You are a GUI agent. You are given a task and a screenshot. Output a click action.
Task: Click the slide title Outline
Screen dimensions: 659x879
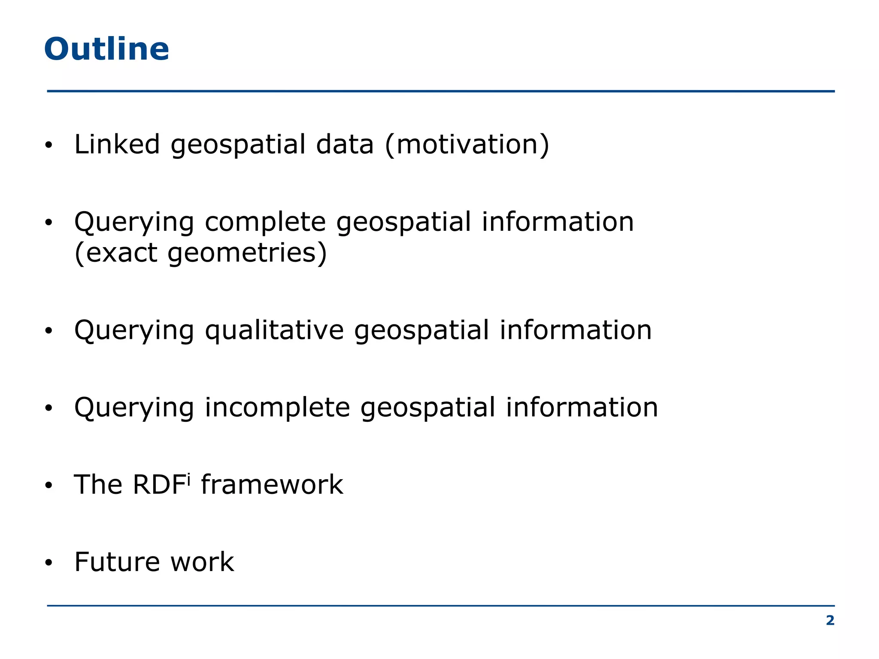click(106, 49)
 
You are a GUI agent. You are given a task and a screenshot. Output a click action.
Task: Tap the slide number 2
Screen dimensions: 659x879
click(830, 620)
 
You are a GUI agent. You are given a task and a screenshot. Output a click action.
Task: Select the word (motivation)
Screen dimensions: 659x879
click(467, 145)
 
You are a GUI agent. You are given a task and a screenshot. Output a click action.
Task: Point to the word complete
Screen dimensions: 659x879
click(265, 222)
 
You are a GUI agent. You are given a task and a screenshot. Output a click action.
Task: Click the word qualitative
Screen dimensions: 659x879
click(274, 331)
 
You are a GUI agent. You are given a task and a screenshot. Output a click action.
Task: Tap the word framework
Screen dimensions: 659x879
click(272, 485)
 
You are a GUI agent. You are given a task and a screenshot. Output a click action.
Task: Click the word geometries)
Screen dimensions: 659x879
click(247, 253)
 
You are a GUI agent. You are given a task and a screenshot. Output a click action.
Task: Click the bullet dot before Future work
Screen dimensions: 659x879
click(48, 562)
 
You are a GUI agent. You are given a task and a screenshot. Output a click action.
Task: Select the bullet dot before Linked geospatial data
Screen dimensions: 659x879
click(48, 145)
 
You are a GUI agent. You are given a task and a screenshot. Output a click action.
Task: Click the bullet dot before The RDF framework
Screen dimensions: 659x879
click(48, 485)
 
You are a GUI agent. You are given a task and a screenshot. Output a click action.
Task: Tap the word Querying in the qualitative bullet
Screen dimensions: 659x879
click(134, 331)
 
